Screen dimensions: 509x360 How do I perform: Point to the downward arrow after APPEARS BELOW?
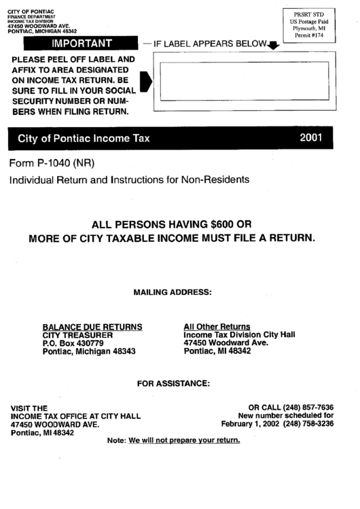(273, 46)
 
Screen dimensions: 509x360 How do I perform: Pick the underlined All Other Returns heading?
(217, 326)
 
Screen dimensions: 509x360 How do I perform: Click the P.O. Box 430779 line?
(73, 343)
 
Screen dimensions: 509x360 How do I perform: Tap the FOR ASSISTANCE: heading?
(173, 383)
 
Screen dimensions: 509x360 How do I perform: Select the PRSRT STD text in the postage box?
(308, 14)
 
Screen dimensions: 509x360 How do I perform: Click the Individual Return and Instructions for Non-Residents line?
(130, 180)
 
